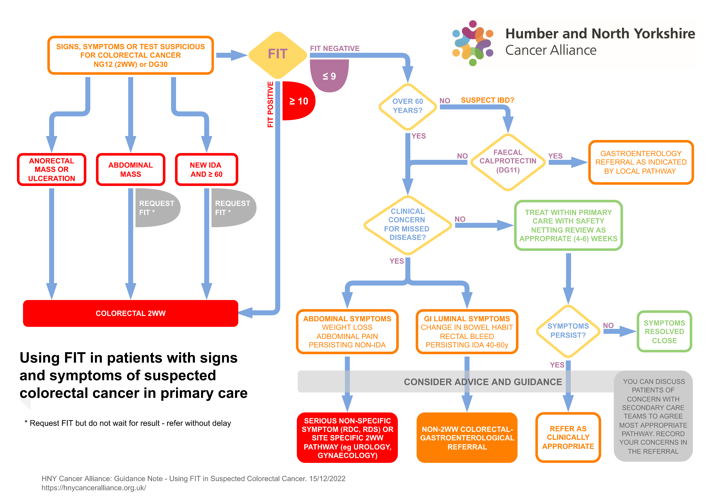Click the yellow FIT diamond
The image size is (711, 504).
click(x=278, y=55)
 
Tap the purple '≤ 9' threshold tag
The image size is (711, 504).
click(x=329, y=76)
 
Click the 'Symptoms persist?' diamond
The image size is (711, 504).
click(x=568, y=331)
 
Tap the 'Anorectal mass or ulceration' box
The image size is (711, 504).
click(x=52, y=169)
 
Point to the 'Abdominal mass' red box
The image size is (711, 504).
click(x=130, y=169)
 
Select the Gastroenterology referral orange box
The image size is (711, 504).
click(x=641, y=162)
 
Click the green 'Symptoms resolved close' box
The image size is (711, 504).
click(x=664, y=331)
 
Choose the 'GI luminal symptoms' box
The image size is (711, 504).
click(x=467, y=331)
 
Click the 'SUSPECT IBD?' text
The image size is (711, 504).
click(x=487, y=100)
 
